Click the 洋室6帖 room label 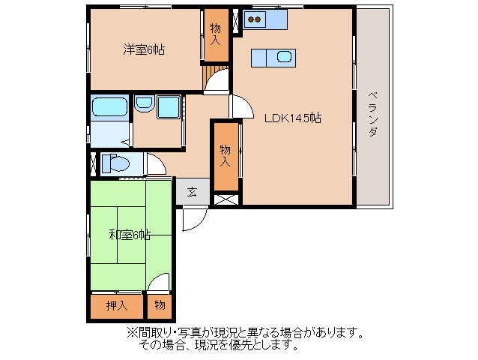click(x=144, y=49)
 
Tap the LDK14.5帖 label click(x=292, y=118)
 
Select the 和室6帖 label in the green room click(x=130, y=235)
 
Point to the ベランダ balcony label click(x=372, y=114)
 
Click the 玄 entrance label click(x=192, y=192)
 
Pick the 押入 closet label click(x=117, y=305)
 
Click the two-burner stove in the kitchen click(x=254, y=19)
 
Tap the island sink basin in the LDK click(x=284, y=57)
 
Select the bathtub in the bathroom click(x=109, y=106)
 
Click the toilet click(x=115, y=163)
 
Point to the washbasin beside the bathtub click(x=144, y=103)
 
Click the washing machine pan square click(x=169, y=107)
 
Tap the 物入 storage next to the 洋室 click(x=216, y=34)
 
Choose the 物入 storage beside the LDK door click(x=226, y=156)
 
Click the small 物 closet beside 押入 click(x=160, y=306)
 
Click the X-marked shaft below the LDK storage click(x=226, y=199)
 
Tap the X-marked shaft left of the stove click(x=236, y=21)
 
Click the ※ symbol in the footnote click(x=132, y=332)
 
